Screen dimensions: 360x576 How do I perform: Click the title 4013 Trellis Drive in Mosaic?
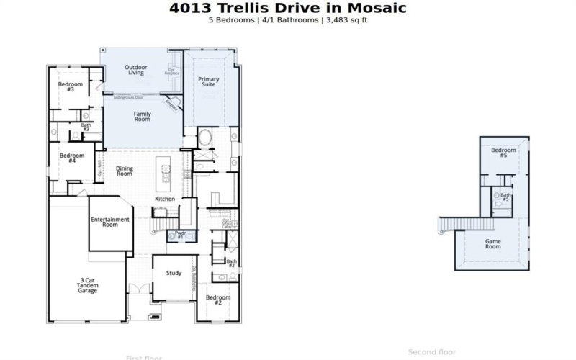click(x=287, y=9)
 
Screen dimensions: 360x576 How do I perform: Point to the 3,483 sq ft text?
click(x=348, y=20)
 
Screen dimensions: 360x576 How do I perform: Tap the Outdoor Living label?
click(x=135, y=69)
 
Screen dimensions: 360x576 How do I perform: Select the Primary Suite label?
click(x=209, y=81)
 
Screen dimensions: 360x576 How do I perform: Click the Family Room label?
click(x=143, y=116)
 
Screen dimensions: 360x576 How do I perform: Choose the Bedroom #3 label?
click(x=71, y=87)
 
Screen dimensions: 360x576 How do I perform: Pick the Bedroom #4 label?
click(x=72, y=158)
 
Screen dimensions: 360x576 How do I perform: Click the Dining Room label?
click(x=125, y=171)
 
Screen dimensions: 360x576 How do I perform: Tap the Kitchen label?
click(x=165, y=199)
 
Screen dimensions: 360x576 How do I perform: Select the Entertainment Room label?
click(x=109, y=222)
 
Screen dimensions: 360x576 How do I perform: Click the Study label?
click(x=173, y=273)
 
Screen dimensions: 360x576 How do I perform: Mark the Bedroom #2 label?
click(x=217, y=300)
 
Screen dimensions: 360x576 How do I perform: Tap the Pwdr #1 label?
click(x=180, y=235)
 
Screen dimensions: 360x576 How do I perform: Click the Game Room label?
click(x=492, y=243)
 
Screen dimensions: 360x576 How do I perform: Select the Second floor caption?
click(x=431, y=352)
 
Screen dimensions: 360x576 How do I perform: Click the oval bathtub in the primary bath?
click(x=204, y=137)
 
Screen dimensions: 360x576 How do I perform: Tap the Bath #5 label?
click(x=505, y=197)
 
